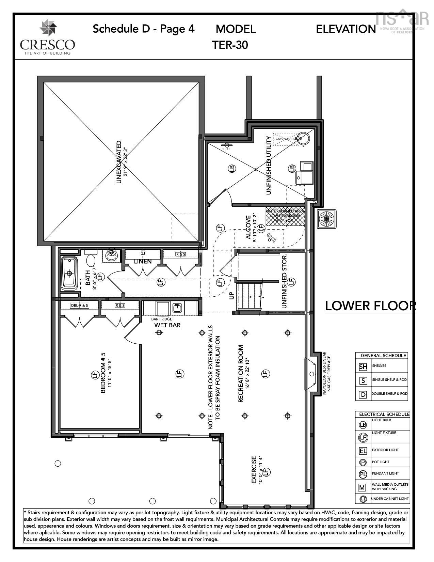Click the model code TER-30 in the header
tap(230, 45)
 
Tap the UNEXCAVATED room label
tap(119, 162)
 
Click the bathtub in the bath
tap(69, 274)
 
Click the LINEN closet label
tap(143, 262)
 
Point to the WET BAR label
tap(167, 325)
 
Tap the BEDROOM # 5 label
tap(103, 375)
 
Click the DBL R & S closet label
tap(79, 306)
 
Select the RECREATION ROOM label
tap(241, 374)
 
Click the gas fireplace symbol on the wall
tap(311, 374)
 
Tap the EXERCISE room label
tap(254, 470)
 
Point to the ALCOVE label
tap(248, 228)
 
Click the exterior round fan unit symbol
tap(326, 218)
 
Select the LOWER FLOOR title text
tap(370, 306)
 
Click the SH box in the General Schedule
tap(363, 366)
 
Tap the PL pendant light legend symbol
tap(363, 474)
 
